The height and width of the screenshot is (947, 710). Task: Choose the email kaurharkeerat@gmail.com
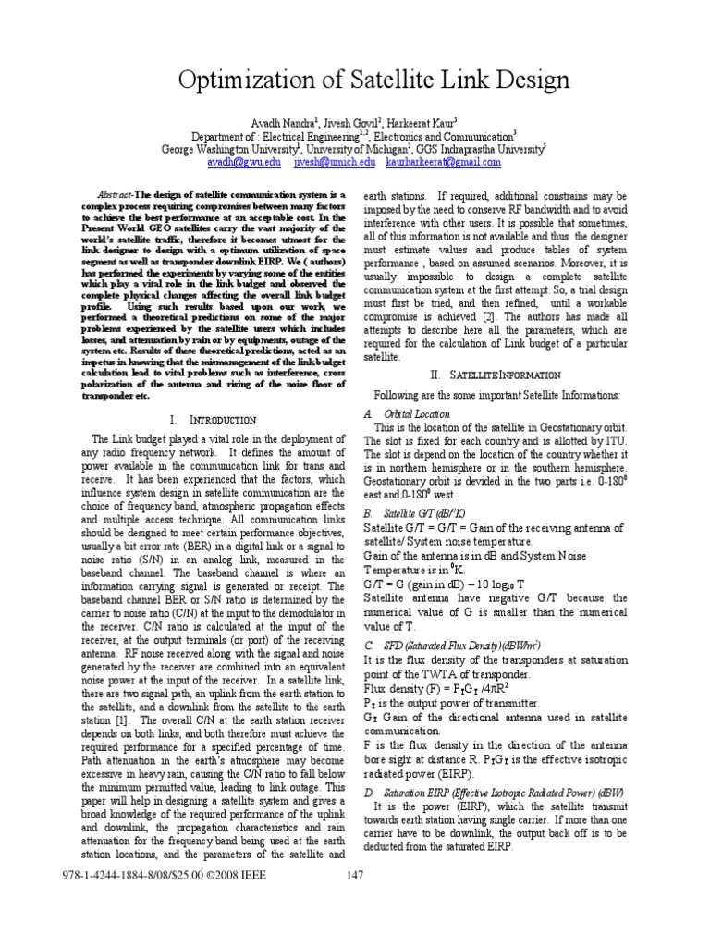(444, 161)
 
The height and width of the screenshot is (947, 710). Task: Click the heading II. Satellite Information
(495, 375)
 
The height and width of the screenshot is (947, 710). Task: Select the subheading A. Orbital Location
(407, 413)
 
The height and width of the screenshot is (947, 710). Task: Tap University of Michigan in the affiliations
(361, 147)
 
